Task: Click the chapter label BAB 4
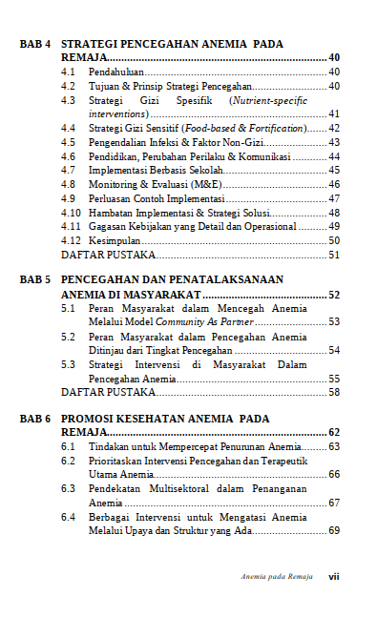pyautogui.click(x=34, y=44)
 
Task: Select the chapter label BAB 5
pyautogui.click(x=34, y=280)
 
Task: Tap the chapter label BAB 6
pyautogui.click(x=34, y=419)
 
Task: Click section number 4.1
pyautogui.click(x=68, y=72)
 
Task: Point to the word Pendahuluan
pyautogui.click(x=114, y=72)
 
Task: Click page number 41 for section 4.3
pyautogui.click(x=334, y=113)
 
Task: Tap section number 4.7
pyautogui.click(x=68, y=170)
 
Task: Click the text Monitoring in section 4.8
pyautogui.click(x=113, y=184)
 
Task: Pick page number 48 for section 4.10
pyautogui.click(x=334, y=212)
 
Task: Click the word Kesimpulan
pyautogui.click(x=113, y=240)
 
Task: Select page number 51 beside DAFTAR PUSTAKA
pyautogui.click(x=334, y=255)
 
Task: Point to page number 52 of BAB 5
pyautogui.click(x=334, y=296)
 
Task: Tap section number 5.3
pyautogui.click(x=68, y=364)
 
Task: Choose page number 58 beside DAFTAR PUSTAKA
pyautogui.click(x=334, y=392)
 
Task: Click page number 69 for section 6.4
pyautogui.click(x=334, y=530)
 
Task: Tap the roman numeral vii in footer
pyautogui.click(x=334, y=576)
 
